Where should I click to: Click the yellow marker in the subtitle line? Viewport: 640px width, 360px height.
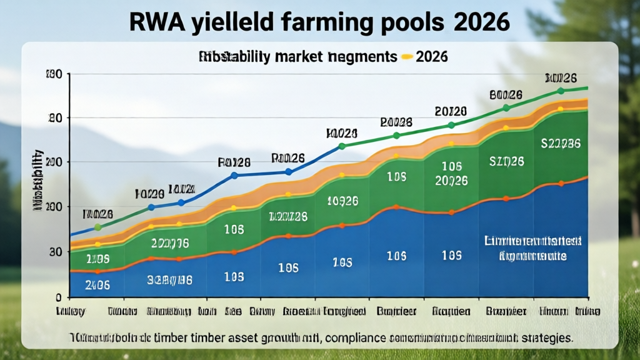[x=407, y=57]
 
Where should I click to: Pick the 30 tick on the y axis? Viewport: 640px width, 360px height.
[x=56, y=251]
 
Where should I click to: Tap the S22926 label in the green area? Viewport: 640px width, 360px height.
[x=561, y=144]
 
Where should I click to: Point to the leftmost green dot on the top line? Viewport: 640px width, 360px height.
[x=97, y=227]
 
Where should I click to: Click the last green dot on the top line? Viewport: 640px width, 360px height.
[x=561, y=91]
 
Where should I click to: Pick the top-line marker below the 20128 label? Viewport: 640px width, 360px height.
[x=451, y=125]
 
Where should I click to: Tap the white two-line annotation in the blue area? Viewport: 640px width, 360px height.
[x=532, y=248]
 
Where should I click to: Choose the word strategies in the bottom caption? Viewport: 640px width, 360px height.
[x=542, y=338]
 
